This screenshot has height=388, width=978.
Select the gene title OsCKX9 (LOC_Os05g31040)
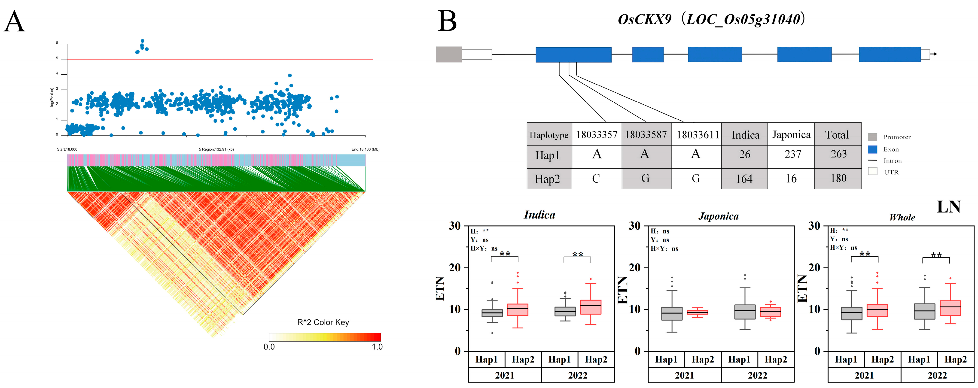click(x=711, y=19)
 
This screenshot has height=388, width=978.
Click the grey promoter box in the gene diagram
click(x=448, y=54)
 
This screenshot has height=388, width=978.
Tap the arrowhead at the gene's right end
click(x=935, y=54)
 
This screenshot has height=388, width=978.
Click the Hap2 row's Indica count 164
click(x=744, y=179)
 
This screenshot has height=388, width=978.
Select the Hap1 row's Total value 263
click(x=838, y=154)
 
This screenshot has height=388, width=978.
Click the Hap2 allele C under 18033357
click(x=596, y=179)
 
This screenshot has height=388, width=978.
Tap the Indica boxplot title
click(x=539, y=215)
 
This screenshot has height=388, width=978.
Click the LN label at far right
click(x=948, y=207)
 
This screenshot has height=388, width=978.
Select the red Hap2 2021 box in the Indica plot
click(x=518, y=309)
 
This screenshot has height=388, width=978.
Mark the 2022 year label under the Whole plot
click(x=937, y=375)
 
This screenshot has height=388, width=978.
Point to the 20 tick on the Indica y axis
click(x=455, y=268)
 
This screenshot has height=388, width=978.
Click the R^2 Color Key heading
click(x=323, y=322)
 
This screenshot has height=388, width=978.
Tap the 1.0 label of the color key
click(x=377, y=347)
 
